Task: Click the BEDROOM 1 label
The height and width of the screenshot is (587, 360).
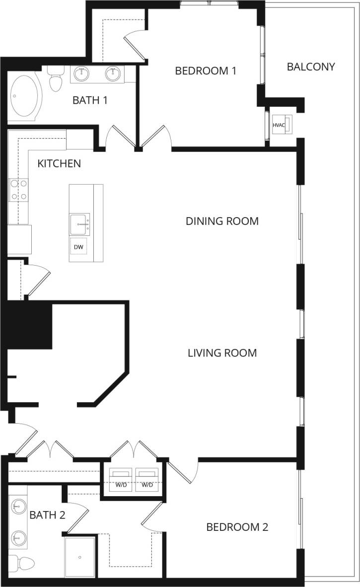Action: [x=205, y=71]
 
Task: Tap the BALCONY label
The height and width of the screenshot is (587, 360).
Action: [x=311, y=67]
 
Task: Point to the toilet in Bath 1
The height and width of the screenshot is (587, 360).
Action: [x=55, y=79]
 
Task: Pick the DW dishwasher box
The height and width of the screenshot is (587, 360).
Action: [x=78, y=247]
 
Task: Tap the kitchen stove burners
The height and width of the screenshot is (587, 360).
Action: [x=18, y=190]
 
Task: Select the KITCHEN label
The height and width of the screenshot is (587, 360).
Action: [x=59, y=163]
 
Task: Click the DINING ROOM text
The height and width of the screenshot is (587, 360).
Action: [x=222, y=221]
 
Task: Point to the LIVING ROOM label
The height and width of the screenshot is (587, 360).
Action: [x=222, y=353]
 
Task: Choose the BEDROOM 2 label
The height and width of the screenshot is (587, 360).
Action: [x=237, y=527]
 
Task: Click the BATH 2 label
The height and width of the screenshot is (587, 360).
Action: [x=47, y=515]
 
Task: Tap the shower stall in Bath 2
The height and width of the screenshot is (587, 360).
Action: [x=79, y=556]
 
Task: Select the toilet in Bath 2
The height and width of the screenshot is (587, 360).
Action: [x=22, y=564]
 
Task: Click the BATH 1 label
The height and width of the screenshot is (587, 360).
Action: [x=90, y=100]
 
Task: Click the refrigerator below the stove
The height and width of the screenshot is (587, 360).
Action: [x=19, y=239]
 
